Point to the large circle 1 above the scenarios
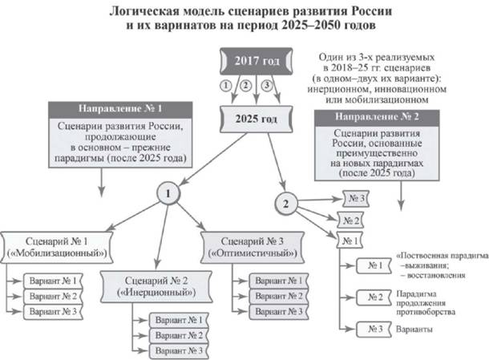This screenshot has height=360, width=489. [168, 194]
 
